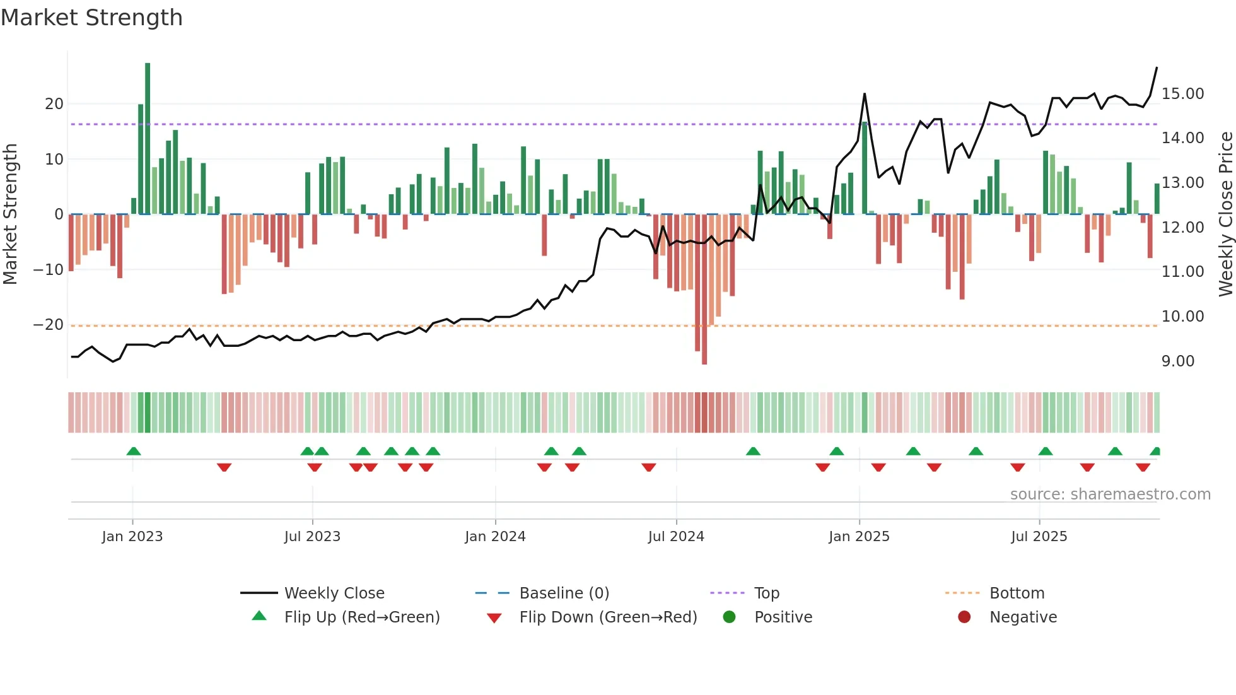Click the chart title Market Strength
[x=91, y=18]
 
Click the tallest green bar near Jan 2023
[x=148, y=139]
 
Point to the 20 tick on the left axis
[x=54, y=104]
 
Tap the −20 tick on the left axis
[x=49, y=325]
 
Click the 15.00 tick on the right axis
[x=1182, y=94]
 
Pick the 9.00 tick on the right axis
[x=1177, y=361]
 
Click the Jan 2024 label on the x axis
[x=495, y=537]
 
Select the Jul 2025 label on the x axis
[x=1039, y=537]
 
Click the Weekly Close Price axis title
[x=1225, y=214]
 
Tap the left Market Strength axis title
[x=10, y=214]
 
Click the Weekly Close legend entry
[x=334, y=593]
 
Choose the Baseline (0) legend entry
[x=564, y=593]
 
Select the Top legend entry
[x=766, y=593]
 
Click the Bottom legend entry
[x=1017, y=593]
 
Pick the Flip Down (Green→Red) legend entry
[x=608, y=617]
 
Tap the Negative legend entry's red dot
[x=964, y=617]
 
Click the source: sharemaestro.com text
[x=1110, y=494]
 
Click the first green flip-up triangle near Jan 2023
[x=134, y=451]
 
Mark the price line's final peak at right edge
[x=1157, y=68]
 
